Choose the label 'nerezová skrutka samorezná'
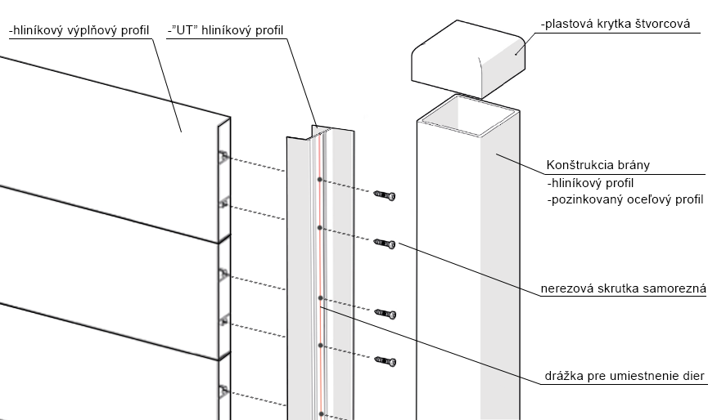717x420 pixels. (x=628, y=288)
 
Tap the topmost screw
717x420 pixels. (x=385, y=195)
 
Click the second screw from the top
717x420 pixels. (x=385, y=243)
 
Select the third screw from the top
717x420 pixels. (x=385, y=314)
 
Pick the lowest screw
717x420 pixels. (x=385, y=360)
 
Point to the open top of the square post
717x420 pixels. (x=467, y=114)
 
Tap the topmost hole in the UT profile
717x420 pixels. (x=320, y=180)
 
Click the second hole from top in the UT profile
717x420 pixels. (x=320, y=228)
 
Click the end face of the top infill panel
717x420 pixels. (x=223, y=180)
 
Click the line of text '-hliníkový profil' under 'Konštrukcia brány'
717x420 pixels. (x=589, y=183)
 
